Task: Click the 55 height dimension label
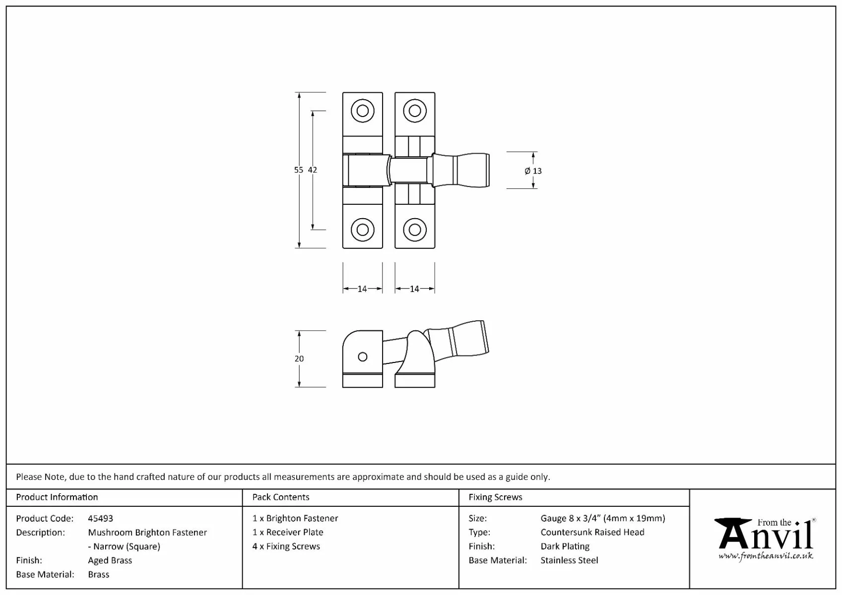coord(298,170)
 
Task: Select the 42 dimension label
coord(312,170)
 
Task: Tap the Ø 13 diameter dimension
coord(533,171)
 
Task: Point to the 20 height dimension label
coord(299,358)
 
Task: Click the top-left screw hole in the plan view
coord(363,111)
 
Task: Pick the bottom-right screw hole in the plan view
coord(415,230)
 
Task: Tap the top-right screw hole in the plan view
coord(415,111)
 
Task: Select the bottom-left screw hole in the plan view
coord(363,230)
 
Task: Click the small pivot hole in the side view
coord(363,357)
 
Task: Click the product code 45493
coord(100,519)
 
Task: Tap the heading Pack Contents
coord(281,497)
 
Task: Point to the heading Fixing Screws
coord(495,497)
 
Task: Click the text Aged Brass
coord(110,560)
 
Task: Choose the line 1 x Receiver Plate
coord(288,533)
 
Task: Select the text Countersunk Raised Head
coord(592,533)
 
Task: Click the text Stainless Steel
coord(569,560)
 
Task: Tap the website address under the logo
coord(766,556)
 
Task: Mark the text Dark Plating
coord(565,546)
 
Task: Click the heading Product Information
coord(57,497)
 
